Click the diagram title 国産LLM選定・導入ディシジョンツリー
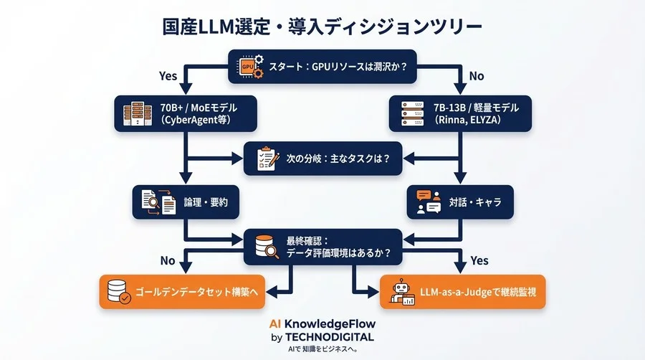tap(322, 27)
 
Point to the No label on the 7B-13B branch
tap(477, 75)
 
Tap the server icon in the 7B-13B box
tap(411, 113)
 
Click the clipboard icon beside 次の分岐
tap(267, 158)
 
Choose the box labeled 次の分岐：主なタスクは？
tap(322, 158)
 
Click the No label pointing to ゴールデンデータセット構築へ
tap(166, 261)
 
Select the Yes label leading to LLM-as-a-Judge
tap(479, 261)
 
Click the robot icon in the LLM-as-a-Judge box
tap(401, 292)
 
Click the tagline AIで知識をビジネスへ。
tap(322, 349)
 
